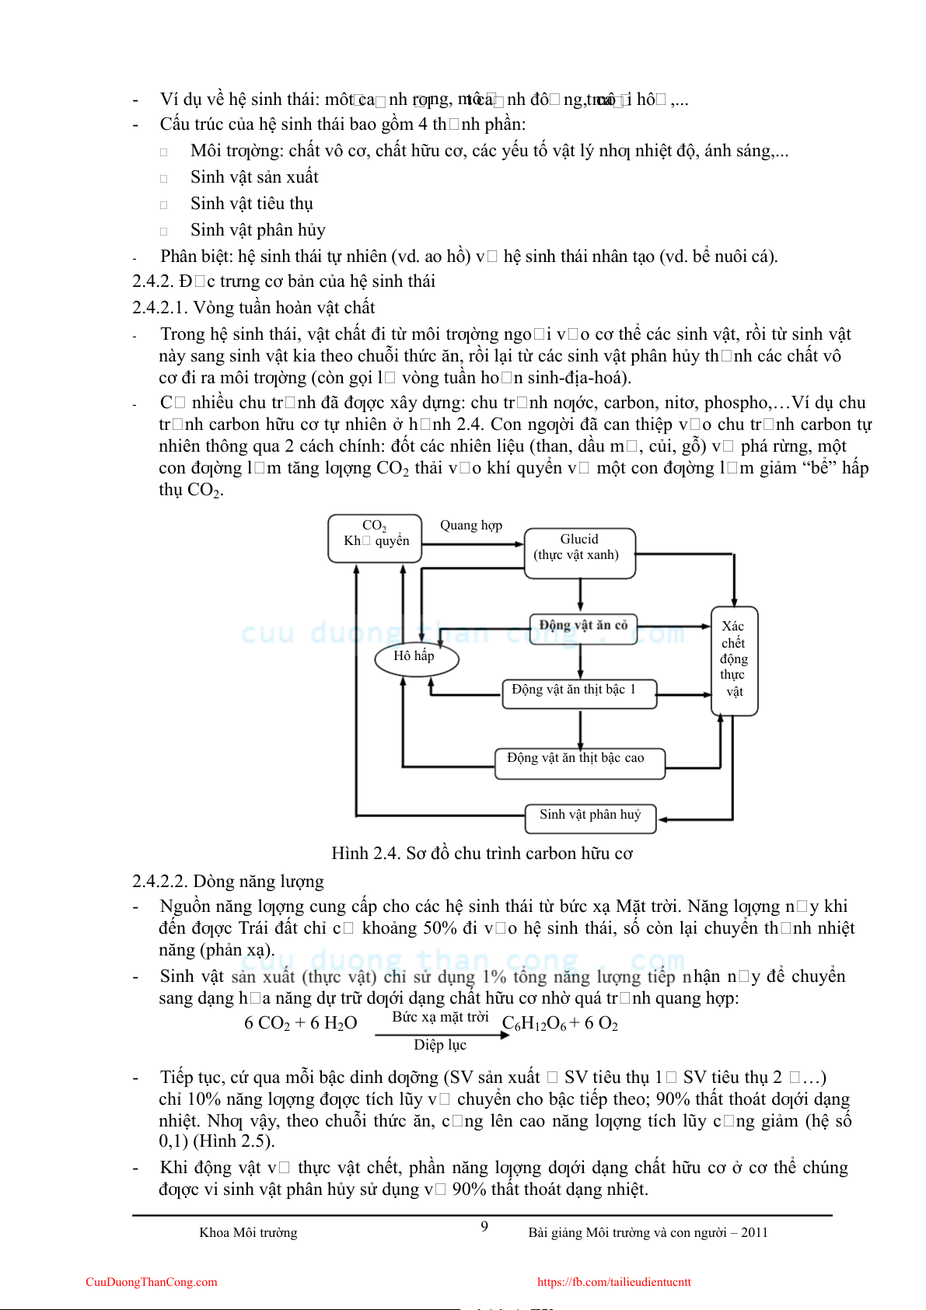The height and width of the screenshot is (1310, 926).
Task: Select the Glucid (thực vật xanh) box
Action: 579,553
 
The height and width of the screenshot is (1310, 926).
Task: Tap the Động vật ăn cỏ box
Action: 583,625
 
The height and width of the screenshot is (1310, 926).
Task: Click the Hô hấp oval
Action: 415,657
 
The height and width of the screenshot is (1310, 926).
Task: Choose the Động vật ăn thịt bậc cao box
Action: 579,763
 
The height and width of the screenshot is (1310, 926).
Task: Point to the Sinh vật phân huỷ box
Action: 590,818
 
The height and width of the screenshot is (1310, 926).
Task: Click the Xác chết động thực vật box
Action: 734,660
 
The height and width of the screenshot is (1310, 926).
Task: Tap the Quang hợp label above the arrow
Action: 471,526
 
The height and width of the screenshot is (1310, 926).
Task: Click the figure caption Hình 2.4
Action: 482,854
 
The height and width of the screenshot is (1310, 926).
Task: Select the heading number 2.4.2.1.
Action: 159,308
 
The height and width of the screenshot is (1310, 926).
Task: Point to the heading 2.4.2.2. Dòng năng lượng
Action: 228,882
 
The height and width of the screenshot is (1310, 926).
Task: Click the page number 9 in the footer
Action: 484,1227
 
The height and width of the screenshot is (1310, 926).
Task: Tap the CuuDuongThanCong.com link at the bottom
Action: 152,1282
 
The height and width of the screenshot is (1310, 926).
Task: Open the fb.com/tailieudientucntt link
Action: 613,1282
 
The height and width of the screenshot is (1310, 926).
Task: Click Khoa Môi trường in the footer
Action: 248,1232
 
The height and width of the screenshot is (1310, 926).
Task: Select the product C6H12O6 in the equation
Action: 534,1024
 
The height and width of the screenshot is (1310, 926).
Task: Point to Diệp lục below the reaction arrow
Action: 440,1045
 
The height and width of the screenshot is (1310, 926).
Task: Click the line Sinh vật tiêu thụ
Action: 252,204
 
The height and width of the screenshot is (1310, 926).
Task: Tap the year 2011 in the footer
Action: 753,1232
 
